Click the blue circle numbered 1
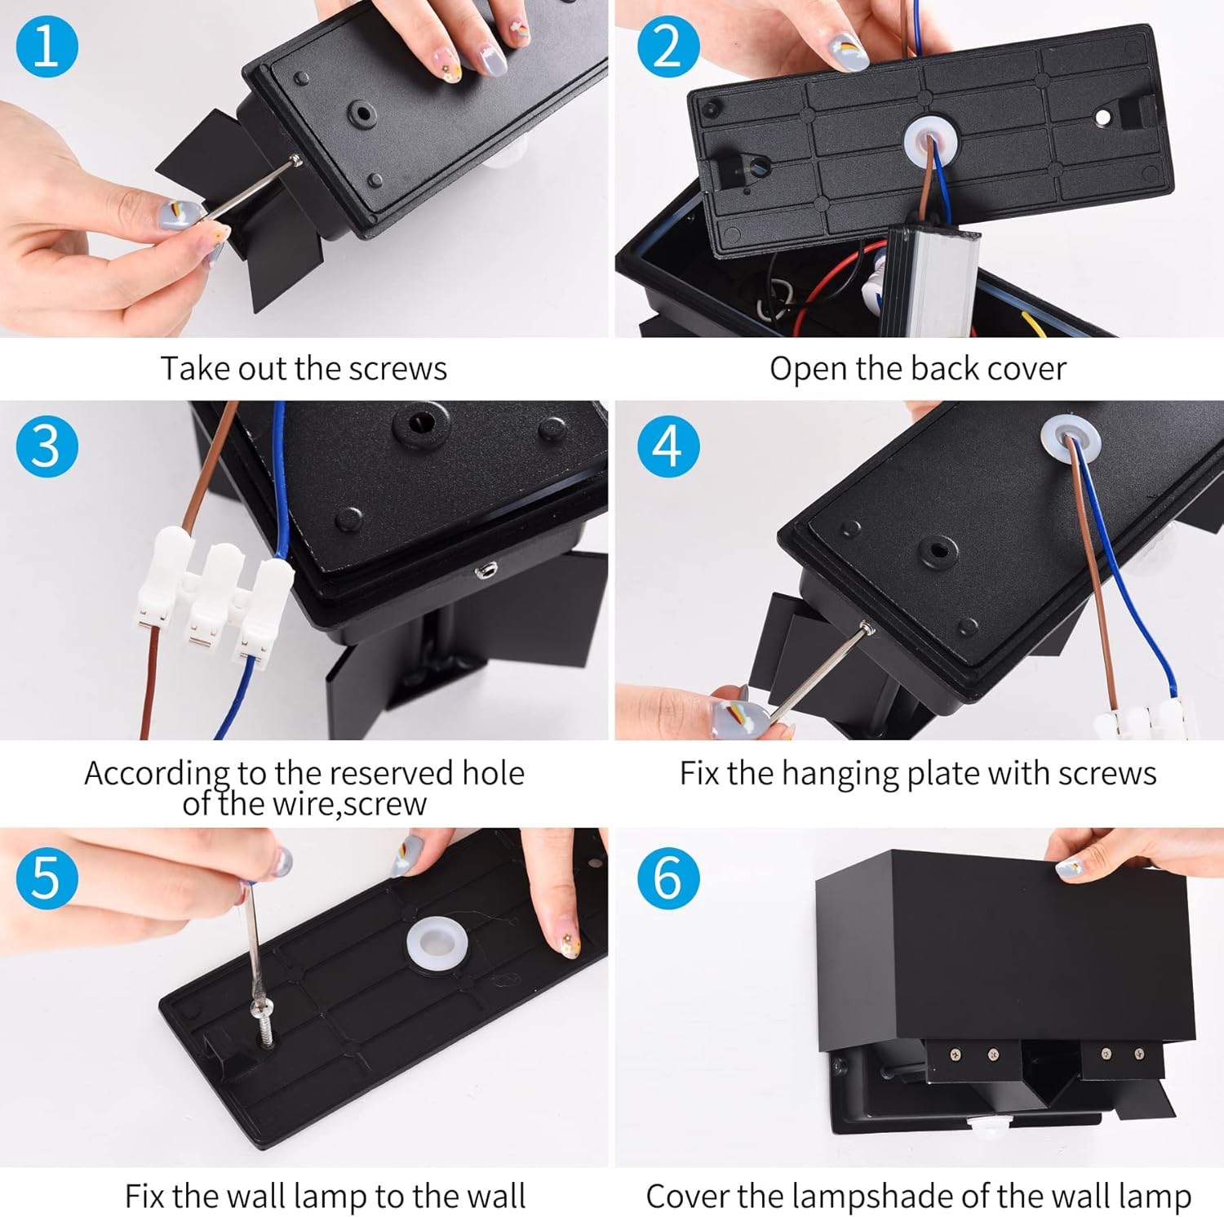point(47,46)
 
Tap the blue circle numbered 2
point(668,46)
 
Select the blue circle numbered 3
point(47,446)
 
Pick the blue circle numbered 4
point(668,446)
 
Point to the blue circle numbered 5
point(47,877)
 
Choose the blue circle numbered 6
point(668,877)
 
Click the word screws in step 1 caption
point(397,369)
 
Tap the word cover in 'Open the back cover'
point(1027,369)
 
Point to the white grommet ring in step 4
point(1070,442)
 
